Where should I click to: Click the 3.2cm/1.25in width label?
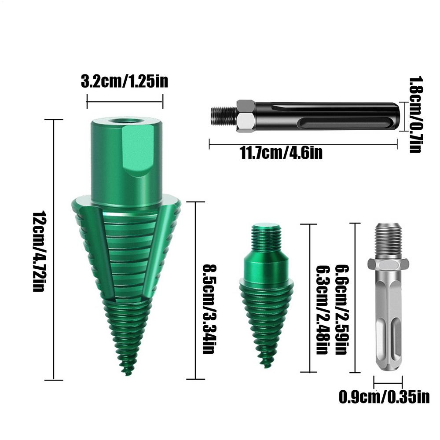[125, 82]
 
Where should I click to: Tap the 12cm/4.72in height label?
[39, 251]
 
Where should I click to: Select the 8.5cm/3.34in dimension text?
[208, 308]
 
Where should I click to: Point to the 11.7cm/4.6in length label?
[281, 153]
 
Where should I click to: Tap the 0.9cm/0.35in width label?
[384, 397]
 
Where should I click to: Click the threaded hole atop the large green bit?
[126, 120]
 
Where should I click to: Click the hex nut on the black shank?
[246, 116]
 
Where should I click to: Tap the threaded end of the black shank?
[224, 116]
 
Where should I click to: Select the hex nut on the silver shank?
[387, 264]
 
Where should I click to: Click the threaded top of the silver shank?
[388, 240]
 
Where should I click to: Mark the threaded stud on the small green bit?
[266, 238]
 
